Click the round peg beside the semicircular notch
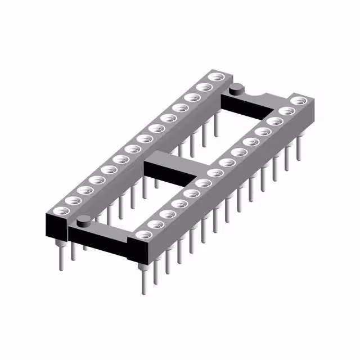(x=237, y=88)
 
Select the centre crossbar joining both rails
(x=169, y=169)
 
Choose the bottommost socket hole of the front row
(x=143, y=233)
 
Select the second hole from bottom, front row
(x=155, y=223)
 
